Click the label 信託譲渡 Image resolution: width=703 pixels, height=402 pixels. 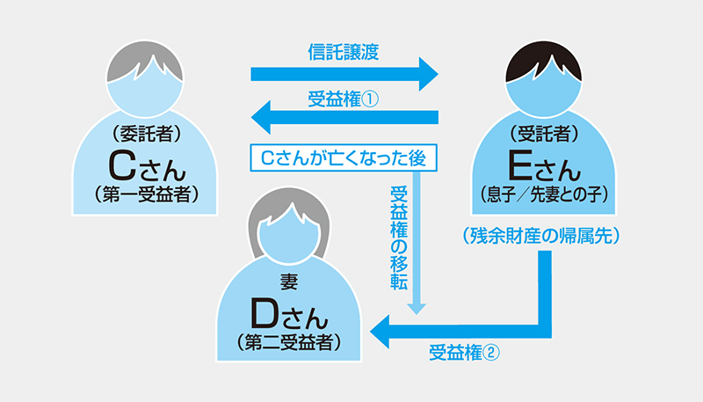tap(344, 51)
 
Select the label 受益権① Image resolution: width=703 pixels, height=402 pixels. tap(344, 99)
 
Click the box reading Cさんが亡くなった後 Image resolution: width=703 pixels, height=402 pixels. tap(344, 157)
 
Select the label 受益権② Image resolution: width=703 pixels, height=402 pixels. tap(465, 354)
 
